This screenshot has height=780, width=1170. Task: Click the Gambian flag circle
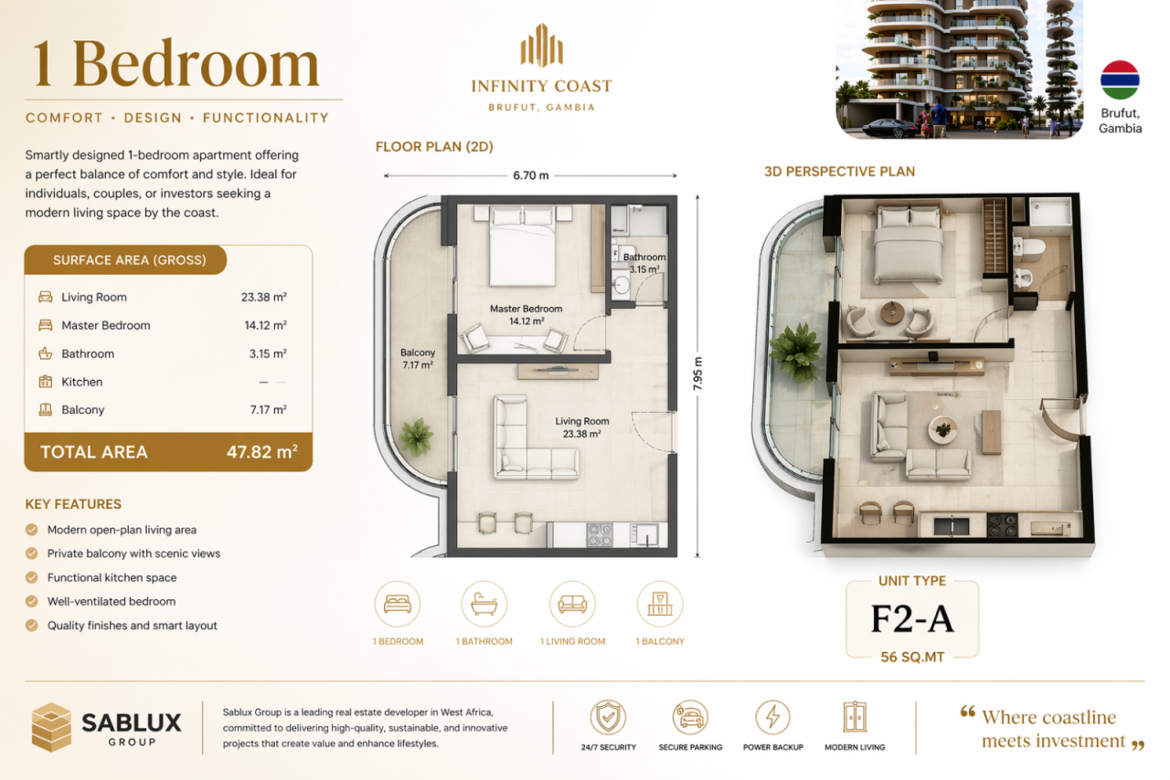click(x=1120, y=79)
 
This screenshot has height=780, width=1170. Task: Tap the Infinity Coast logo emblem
click(x=542, y=46)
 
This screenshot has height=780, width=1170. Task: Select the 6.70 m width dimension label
click(x=531, y=175)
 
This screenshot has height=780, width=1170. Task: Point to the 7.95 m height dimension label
click(x=698, y=374)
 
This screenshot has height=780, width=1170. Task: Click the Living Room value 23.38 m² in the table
click(x=264, y=297)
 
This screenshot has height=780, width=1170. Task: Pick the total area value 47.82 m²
click(x=261, y=451)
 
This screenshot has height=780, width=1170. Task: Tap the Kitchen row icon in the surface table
click(x=46, y=382)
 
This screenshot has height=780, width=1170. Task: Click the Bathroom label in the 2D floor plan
click(x=644, y=258)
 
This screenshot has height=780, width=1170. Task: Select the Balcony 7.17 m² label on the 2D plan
click(x=418, y=359)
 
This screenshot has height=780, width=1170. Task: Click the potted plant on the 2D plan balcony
click(x=416, y=437)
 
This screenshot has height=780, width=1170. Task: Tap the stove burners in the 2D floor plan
click(x=599, y=534)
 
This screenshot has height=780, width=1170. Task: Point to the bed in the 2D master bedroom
click(x=522, y=246)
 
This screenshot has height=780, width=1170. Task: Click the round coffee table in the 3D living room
click(x=942, y=430)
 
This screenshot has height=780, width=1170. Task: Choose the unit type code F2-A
click(x=912, y=619)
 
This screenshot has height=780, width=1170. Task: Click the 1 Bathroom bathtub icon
click(x=484, y=604)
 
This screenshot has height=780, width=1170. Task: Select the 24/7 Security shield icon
click(x=608, y=717)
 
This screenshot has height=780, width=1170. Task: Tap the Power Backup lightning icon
click(x=772, y=717)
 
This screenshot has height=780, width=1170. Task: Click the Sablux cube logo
click(x=51, y=727)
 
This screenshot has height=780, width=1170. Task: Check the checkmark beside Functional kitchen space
click(x=32, y=577)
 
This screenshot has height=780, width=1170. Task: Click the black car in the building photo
click(x=888, y=128)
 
